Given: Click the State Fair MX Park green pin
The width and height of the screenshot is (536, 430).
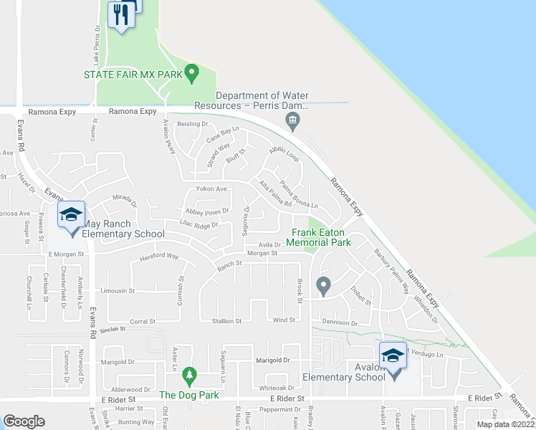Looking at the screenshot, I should pos(191,72).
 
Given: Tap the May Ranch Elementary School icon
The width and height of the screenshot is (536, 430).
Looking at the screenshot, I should pos(72,215).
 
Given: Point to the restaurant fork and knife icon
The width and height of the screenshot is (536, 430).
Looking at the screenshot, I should pos(120,14).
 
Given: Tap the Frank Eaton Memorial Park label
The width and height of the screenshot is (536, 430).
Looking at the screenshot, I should pos(320,238).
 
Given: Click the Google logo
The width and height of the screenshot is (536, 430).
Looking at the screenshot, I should pos(23,421).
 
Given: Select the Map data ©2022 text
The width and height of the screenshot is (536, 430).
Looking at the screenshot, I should pos(504,424).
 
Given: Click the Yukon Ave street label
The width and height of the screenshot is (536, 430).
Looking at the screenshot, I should pos(211,189).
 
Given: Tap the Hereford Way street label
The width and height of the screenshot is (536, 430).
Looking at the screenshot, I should pos(158,256).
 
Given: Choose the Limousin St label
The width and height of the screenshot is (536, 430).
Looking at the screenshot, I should pos(118,291).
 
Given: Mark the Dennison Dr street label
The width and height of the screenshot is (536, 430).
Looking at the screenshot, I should pos(340,323).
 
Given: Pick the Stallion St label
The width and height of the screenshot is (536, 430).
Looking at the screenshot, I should pos(226,321).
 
